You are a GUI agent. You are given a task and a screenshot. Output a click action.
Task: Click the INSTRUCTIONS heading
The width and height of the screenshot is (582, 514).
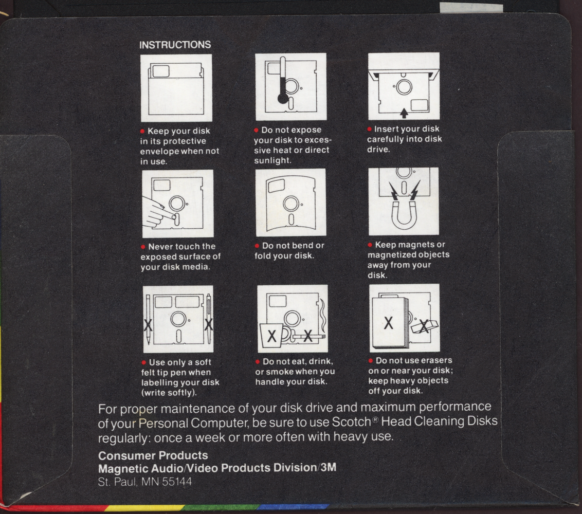[175, 45]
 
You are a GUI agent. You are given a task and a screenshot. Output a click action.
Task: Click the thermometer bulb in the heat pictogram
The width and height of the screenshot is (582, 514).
[283, 98]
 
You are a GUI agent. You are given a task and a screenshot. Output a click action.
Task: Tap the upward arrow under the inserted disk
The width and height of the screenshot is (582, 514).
[404, 113]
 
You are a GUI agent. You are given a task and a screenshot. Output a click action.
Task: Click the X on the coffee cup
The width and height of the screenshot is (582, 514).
[271, 336]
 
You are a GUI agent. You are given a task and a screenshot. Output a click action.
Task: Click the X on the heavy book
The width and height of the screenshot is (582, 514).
[388, 323]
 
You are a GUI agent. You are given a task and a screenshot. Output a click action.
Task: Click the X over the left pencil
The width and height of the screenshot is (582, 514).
[148, 325]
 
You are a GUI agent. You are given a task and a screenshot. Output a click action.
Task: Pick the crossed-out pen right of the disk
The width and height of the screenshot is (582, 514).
[209, 319]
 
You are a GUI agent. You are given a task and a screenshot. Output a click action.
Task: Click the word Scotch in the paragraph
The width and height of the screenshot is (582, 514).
[351, 422]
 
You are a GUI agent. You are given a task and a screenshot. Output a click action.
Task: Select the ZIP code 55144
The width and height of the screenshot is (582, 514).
[177, 482]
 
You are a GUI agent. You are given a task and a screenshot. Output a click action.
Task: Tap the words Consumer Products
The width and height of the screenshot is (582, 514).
[153, 455]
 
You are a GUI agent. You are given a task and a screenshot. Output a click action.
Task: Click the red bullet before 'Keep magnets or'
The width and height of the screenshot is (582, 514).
[370, 245]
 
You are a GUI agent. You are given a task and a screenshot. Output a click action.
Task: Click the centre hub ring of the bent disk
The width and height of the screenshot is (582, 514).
[291, 204]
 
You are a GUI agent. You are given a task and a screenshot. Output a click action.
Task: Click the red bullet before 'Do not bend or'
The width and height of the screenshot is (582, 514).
[257, 246]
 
